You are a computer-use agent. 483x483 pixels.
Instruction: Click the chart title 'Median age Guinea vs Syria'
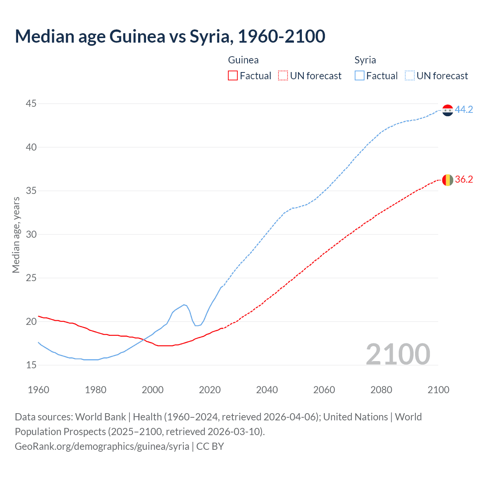coord(170,36)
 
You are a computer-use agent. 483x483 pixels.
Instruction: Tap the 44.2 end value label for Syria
coord(464,109)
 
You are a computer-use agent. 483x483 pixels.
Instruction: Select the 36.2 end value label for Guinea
coord(464,180)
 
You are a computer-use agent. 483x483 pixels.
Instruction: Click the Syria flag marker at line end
coord(448,110)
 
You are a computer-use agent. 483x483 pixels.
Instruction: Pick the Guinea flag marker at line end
coord(448,180)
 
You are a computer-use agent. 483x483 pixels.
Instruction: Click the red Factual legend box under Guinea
coord(233,76)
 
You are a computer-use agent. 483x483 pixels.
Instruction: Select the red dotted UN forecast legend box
coord(283,76)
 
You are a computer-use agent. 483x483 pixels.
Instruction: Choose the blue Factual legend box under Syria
coord(360,76)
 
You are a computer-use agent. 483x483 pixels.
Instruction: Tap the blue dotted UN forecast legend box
coord(410,76)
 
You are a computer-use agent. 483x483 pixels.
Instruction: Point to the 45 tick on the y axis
coord(31,103)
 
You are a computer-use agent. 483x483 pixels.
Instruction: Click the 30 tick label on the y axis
coord(31,234)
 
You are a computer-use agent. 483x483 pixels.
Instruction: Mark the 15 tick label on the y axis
coord(31,365)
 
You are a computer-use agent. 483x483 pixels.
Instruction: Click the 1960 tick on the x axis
coord(38,390)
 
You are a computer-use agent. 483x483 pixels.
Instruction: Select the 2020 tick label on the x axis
coord(210,390)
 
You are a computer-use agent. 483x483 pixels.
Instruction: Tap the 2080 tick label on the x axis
coord(381,390)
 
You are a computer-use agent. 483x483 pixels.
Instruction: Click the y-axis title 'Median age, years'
coord(16,234)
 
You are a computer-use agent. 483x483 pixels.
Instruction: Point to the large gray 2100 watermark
coord(398,354)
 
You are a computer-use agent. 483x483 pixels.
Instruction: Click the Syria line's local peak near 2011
coord(184,305)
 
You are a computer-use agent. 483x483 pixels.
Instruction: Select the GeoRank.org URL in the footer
coord(102,446)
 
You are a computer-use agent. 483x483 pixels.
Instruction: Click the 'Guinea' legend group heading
coord(243,60)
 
